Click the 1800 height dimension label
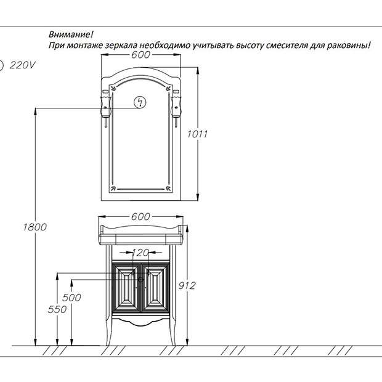(35, 227)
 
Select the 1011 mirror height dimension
(197, 134)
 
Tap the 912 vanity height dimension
(187, 285)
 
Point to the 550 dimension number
(57, 309)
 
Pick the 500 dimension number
(71, 298)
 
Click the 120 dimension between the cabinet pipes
(140, 253)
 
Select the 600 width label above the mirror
(140, 55)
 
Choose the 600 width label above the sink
(140, 217)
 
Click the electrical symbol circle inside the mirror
(140, 102)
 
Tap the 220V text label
(22, 65)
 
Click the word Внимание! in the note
(71, 35)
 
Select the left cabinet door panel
(126, 288)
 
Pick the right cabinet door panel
(155, 288)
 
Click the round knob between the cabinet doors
(140, 280)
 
